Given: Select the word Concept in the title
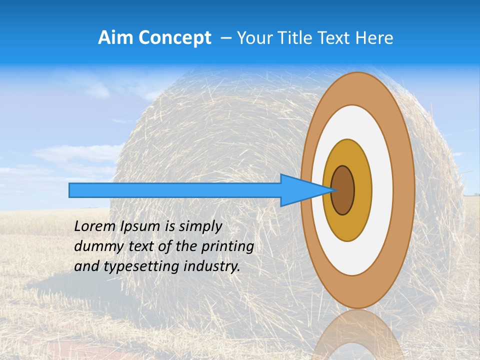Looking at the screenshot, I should [175, 38].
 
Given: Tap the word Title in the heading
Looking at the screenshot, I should [294, 38].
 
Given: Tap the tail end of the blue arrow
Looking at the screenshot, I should [72, 190].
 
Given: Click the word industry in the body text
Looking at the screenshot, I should [211, 266].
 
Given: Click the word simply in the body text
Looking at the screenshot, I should [200, 227].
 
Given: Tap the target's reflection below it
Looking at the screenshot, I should [357, 335].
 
